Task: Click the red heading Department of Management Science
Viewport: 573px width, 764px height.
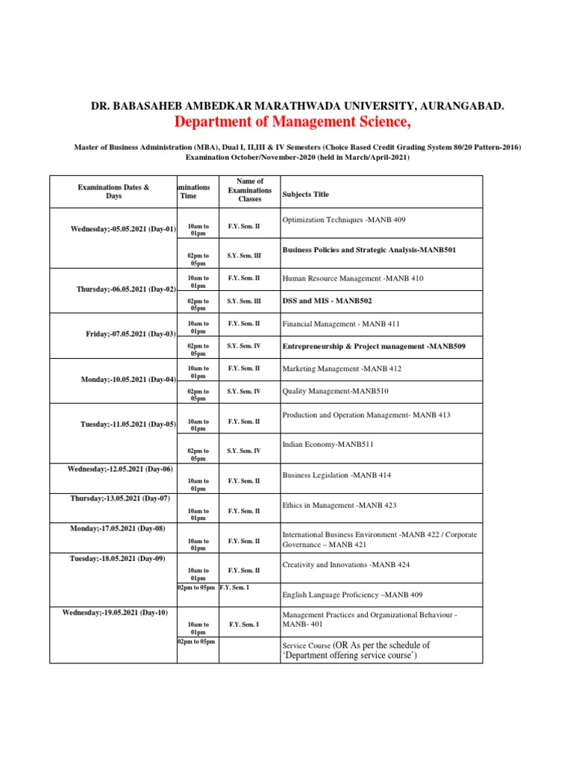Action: (292, 122)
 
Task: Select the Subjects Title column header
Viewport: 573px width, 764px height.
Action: (305, 195)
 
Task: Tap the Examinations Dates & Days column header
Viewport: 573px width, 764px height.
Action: (113, 192)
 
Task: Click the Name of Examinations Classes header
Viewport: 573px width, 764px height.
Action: (250, 190)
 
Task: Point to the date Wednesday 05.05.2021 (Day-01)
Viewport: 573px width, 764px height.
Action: (123, 229)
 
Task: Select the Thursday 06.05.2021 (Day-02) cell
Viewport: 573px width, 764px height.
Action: (126, 289)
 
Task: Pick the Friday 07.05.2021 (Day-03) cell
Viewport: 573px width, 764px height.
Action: (131, 334)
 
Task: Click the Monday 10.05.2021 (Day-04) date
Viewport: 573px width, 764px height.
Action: (128, 380)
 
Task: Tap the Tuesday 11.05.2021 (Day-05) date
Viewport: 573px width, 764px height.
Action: (128, 425)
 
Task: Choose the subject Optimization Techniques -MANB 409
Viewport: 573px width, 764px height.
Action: (344, 219)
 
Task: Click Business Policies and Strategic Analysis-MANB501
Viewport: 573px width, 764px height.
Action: (369, 250)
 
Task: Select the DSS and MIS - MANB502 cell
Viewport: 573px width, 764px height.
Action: (327, 300)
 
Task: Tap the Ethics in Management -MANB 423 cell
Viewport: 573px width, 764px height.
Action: (339, 505)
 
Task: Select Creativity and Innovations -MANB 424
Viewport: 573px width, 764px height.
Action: (345, 565)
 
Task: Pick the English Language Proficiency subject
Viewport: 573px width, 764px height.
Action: (352, 595)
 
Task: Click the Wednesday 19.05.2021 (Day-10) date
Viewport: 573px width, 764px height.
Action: (115, 613)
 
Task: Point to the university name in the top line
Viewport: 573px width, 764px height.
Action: (297, 107)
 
